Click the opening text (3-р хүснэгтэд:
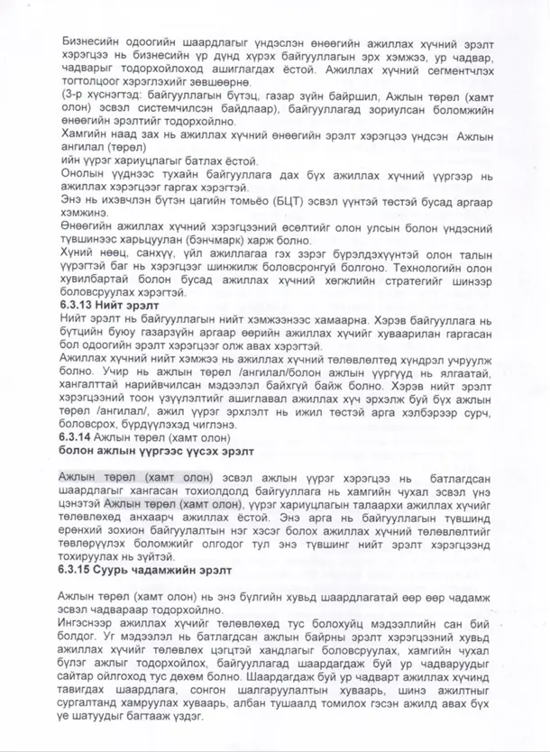pyautogui.click(x=101, y=96)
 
